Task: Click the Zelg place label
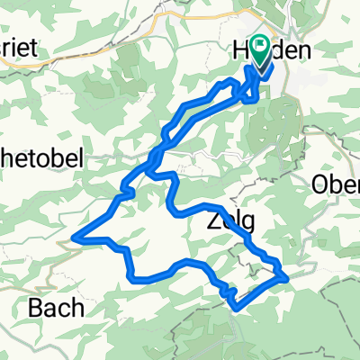[x=229, y=220]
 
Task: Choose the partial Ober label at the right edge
[x=336, y=184]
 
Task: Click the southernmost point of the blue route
[x=237, y=309]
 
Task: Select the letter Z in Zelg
[x=211, y=220]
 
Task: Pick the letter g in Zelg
[x=245, y=223]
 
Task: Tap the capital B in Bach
[x=38, y=307]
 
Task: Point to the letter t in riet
[x=34, y=50]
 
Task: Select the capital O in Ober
[x=320, y=184]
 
